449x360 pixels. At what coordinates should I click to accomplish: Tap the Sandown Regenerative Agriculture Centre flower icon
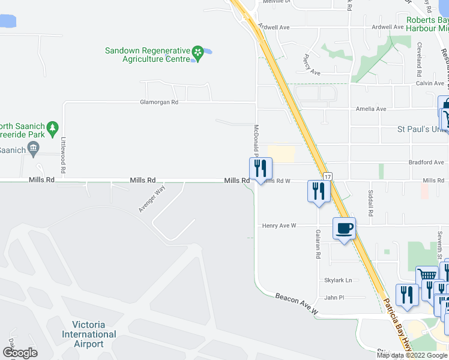tap(197, 55)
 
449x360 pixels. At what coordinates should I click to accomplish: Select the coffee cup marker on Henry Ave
tap(344, 229)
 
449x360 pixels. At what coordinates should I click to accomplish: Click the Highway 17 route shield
tap(327, 177)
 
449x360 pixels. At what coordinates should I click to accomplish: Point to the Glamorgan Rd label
tap(159, 102)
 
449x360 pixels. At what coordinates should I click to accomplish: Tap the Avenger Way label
tap(151, 198)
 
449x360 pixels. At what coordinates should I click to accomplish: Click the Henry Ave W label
tap(279, 226)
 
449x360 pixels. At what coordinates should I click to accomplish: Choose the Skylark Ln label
tap(338, 280)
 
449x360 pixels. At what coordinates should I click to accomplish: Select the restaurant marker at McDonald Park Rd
tap(261, 169)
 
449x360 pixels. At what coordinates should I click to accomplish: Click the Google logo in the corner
tap(19, 353)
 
